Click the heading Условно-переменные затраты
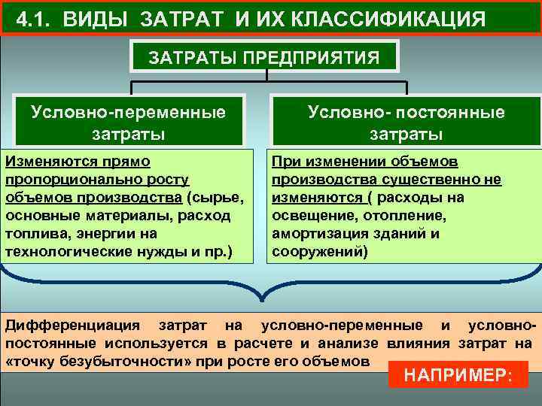tap(129, 123)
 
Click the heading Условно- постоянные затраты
tap(406, 123)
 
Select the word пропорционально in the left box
tap(65, 180)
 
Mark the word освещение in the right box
tap(308, 216)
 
